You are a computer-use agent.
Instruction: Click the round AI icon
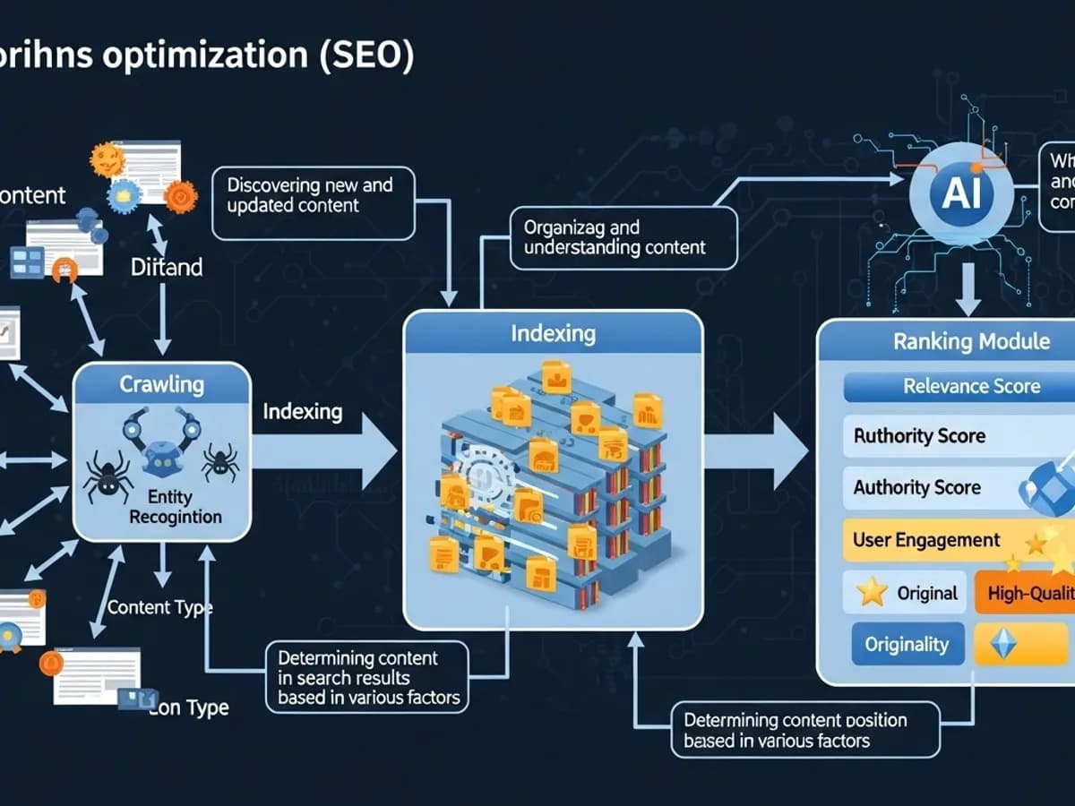coord(961,195)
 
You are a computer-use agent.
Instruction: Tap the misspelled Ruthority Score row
coord(919,437)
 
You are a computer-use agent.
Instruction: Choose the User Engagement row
coord(926,541)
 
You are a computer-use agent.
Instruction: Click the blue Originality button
coord(907,645)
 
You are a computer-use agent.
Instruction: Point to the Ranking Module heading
coord(971,341)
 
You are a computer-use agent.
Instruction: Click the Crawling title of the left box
coord(162,385)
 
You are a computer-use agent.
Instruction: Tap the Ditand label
coord(167,267)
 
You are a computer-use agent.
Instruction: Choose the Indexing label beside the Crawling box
coord(303,412)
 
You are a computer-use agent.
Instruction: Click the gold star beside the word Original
coord(872,592)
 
